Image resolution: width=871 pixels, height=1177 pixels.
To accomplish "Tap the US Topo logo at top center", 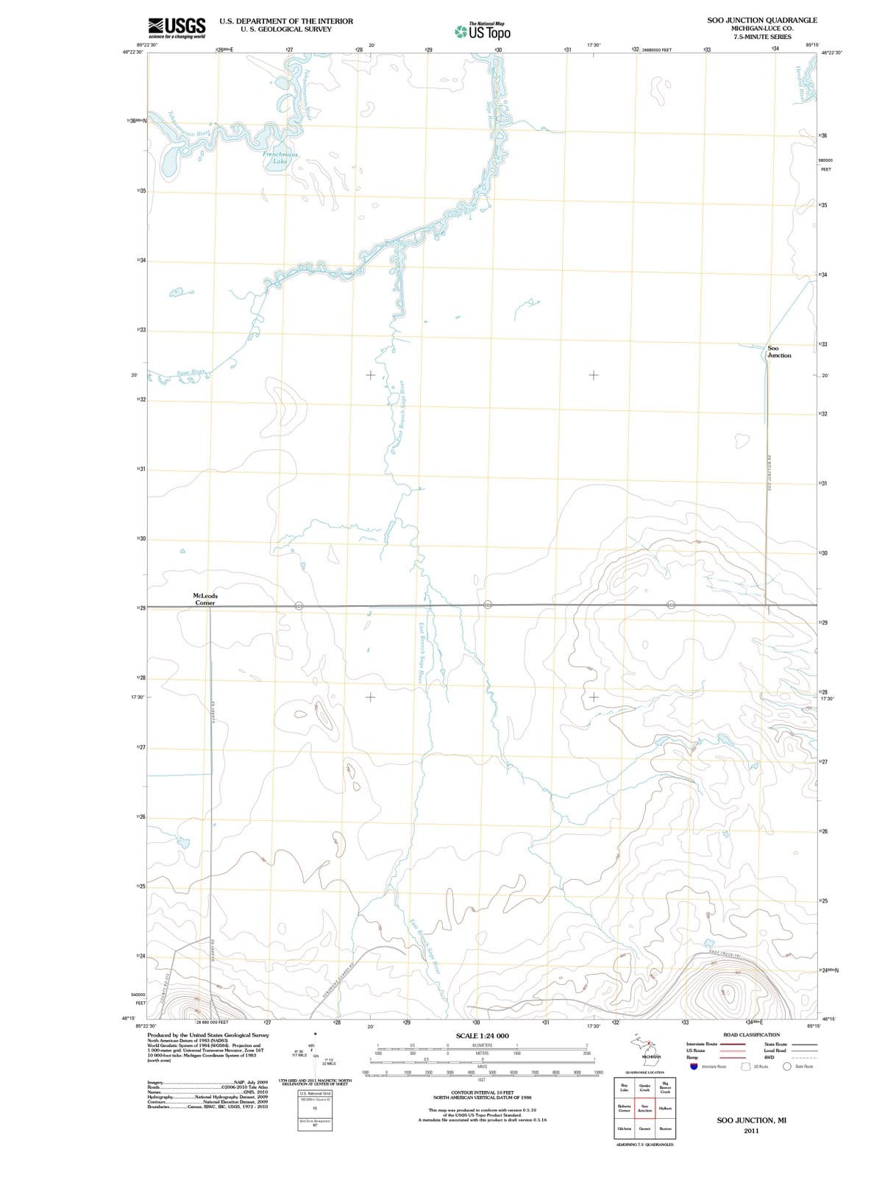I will pyautogui.click(x=483, y=32).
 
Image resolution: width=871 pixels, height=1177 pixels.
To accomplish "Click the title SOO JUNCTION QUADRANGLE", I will pyautogui.click(x=761, y=21).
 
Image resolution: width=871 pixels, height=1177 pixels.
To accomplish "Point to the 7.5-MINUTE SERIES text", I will pyautogui.click(x=761, y=37).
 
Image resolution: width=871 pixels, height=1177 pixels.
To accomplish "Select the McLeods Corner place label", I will pyautogui.click(x=205, y=599).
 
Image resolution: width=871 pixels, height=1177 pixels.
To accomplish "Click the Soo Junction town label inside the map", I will pyautogui.click(x=779, y=352).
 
